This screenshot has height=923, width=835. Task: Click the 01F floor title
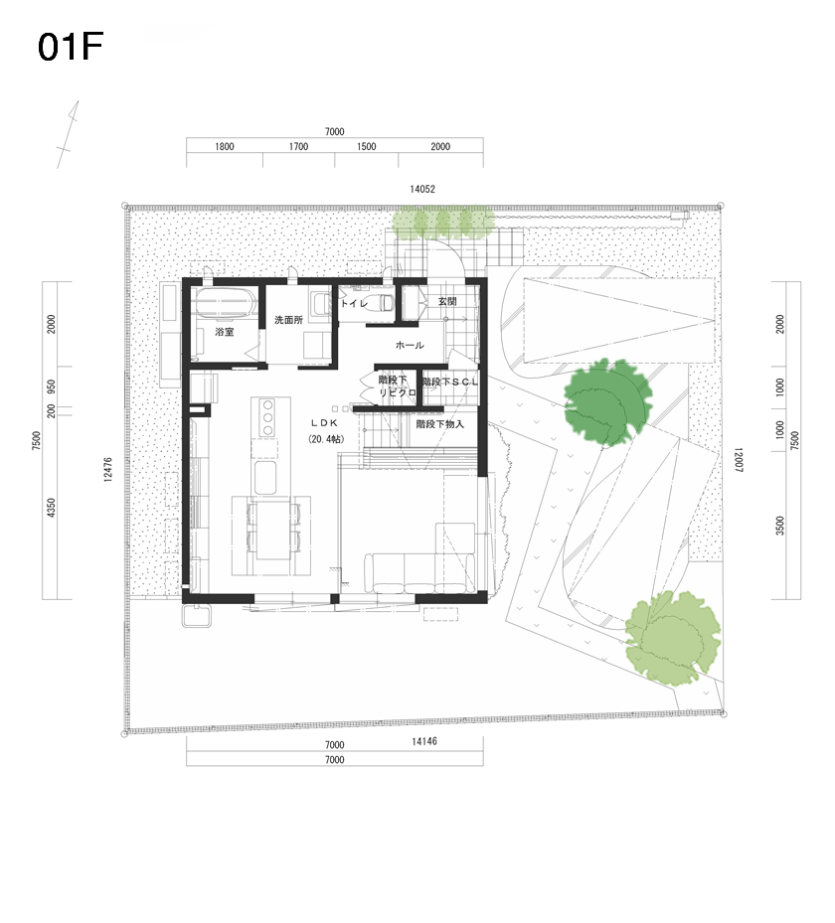tap(71, 47)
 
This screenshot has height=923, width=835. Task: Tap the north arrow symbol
tap(68, 134)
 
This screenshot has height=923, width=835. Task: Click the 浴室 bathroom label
tap(225, 332)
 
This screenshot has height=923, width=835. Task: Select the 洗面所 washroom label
tap(288, 320)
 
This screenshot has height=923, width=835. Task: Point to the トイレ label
tap(354, 304)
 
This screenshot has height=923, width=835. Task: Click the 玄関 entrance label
tap(447, 301)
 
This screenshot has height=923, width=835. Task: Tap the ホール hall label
tap(410, 345)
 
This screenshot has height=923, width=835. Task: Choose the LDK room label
tap(324, 423)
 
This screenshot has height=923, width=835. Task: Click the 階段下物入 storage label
tap(440, 424)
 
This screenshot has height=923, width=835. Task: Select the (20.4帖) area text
tap(326, 439)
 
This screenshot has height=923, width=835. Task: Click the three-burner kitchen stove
tap(267, 417)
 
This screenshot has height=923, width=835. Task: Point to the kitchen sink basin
tap(265, 477)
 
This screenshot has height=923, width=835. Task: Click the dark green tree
tap(607, 402)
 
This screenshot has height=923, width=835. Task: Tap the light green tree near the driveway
tap(673, 638)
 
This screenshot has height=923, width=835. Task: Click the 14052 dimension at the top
tap(422, 189)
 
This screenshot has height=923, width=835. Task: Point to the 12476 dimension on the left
tap(107, 470)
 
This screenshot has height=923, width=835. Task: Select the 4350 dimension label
tap(52, 508)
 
